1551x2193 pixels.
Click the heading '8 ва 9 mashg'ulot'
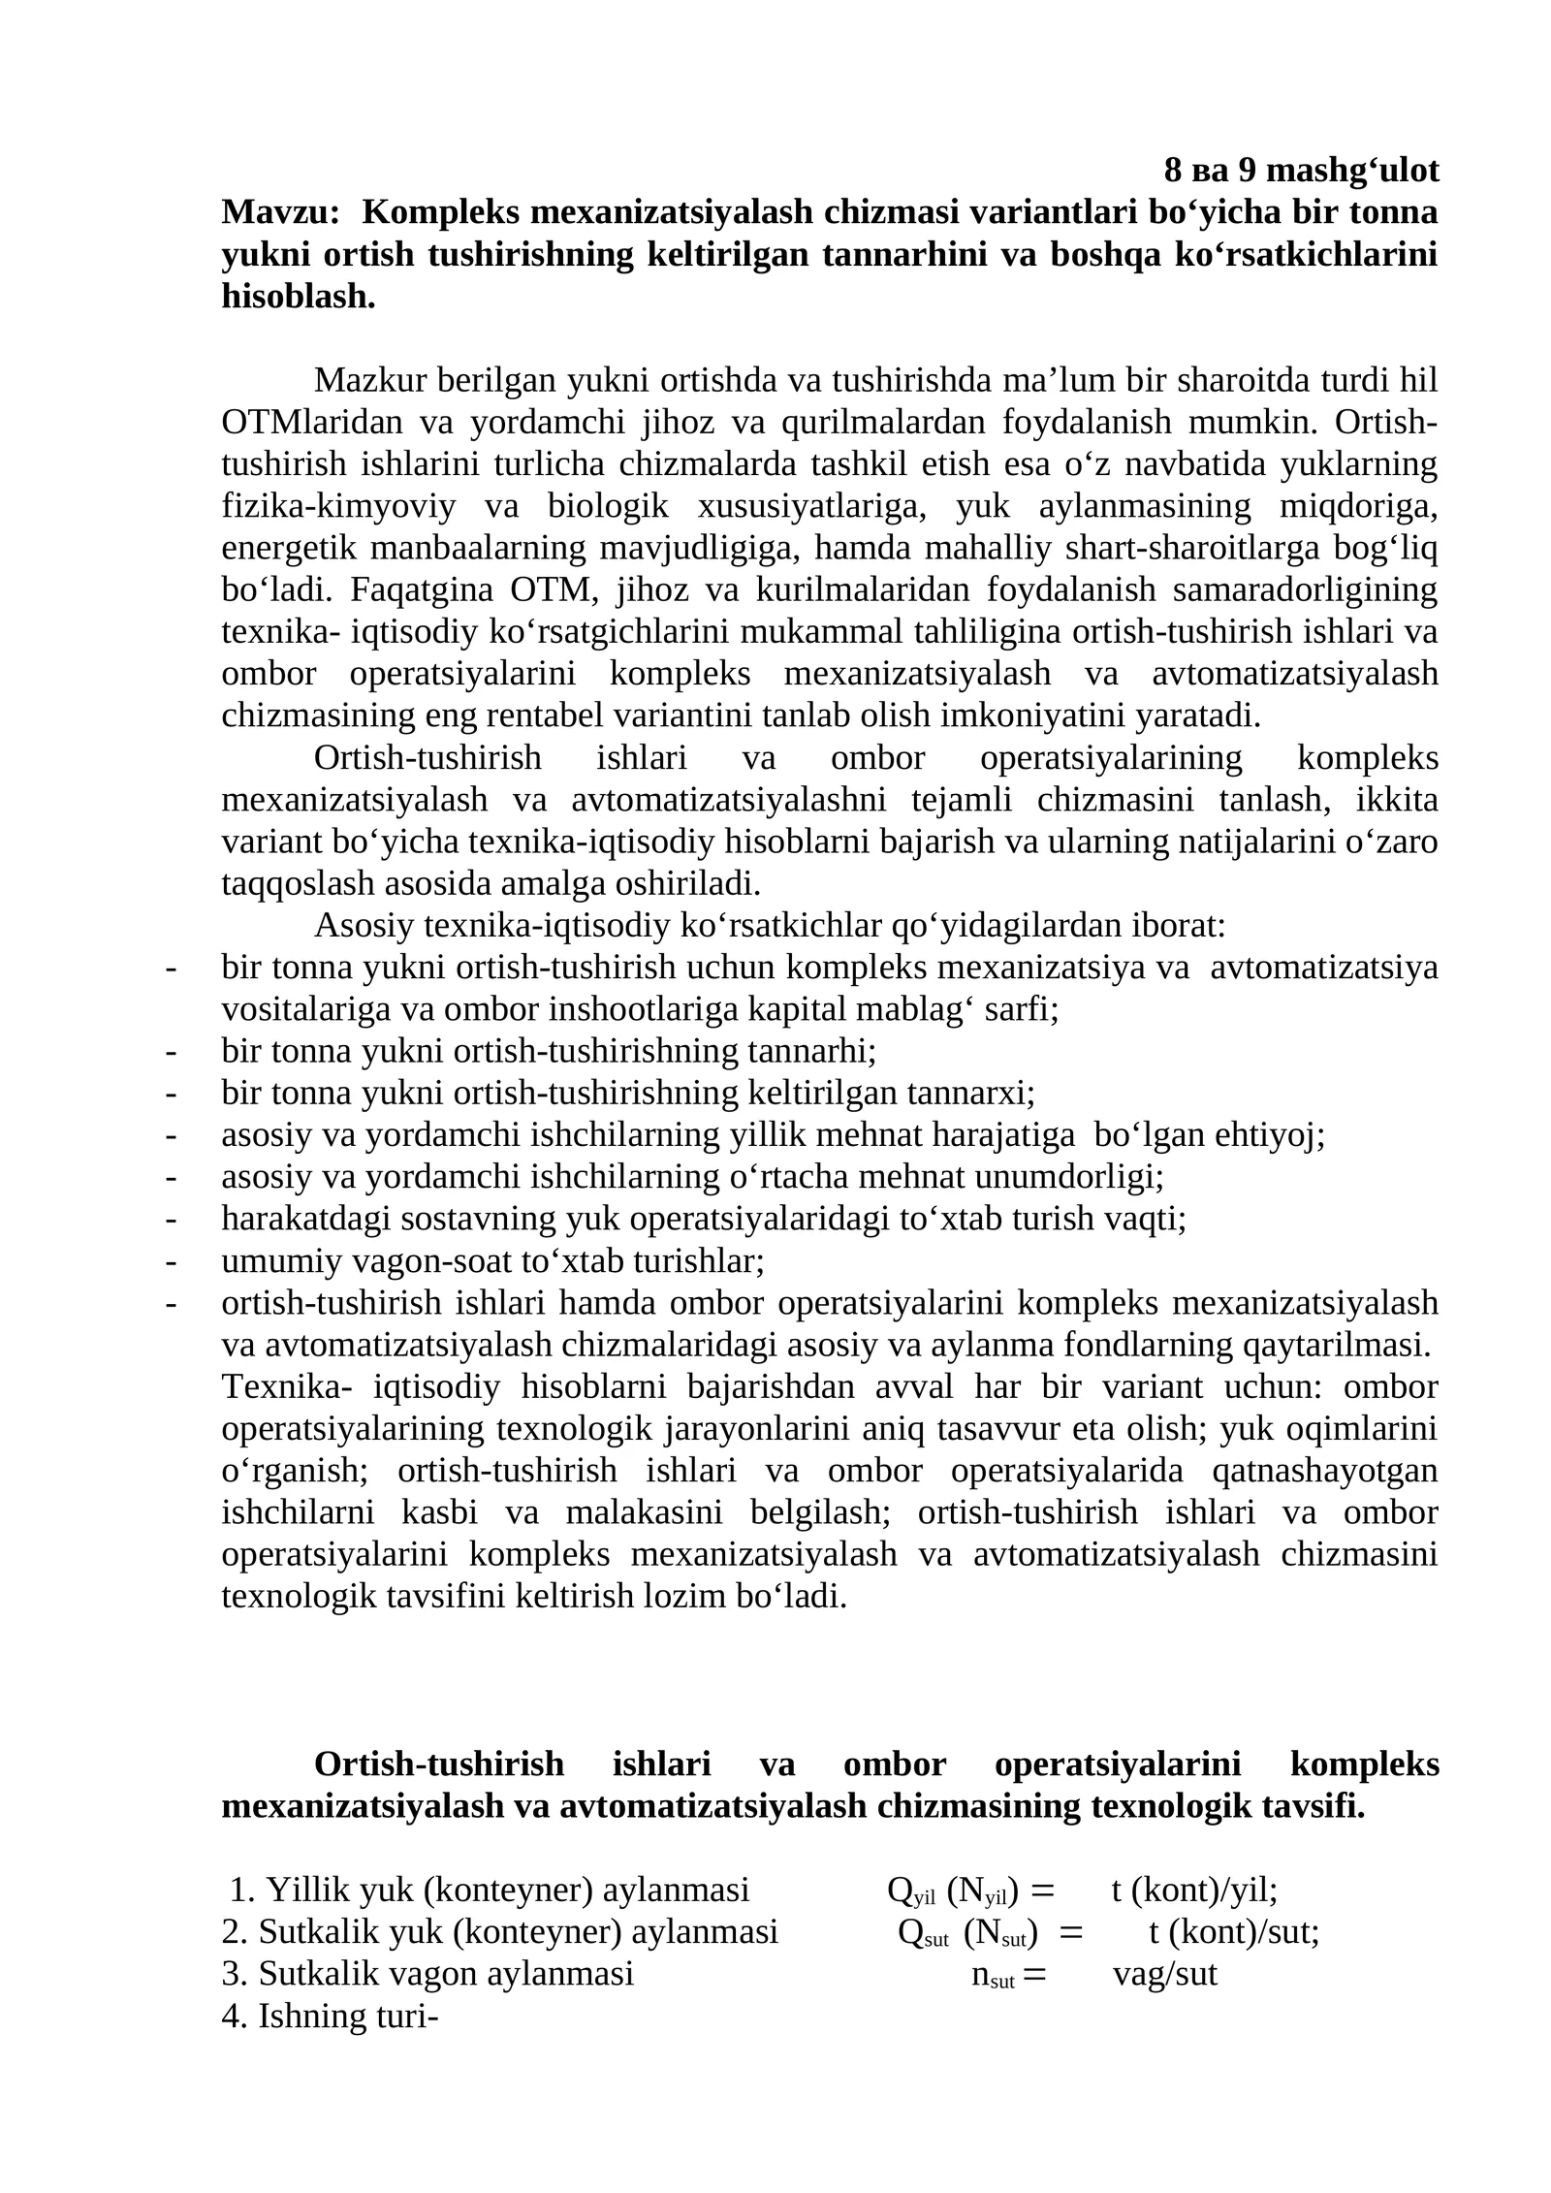click(1300, 171)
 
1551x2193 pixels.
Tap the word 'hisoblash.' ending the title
click(298, 296)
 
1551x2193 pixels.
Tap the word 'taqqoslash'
click(298, 883)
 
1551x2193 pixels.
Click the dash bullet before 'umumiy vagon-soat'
click(172, 1261)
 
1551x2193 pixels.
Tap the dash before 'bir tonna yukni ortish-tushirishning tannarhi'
click(172, 1051)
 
